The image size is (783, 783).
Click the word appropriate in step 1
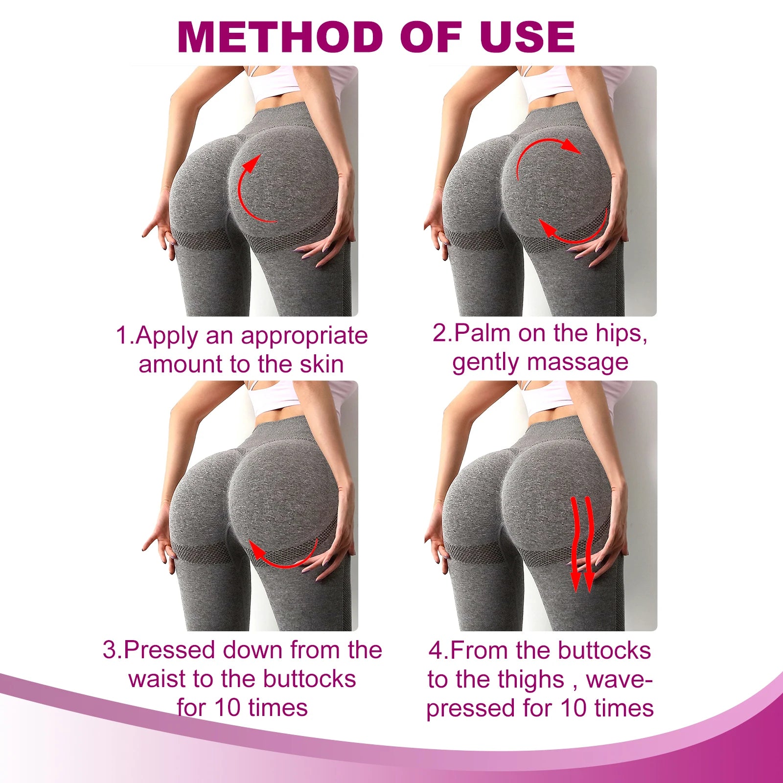coord(304,336)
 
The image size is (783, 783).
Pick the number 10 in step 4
coord(575,708)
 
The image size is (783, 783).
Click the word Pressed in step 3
coord(169,650)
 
